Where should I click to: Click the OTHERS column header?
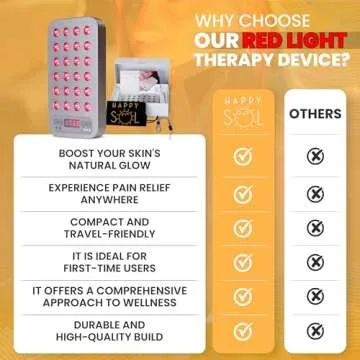coord(314,113)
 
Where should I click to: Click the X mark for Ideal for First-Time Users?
coord(314,262)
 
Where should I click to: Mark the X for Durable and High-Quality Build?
coord(314,331)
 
